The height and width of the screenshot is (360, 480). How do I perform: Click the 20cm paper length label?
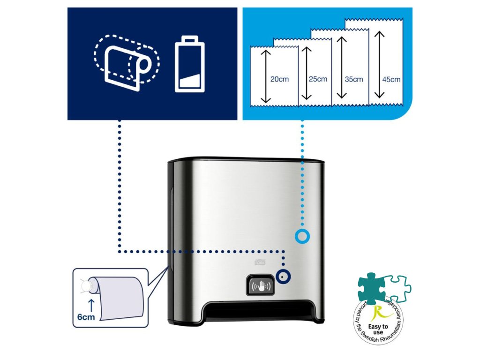coord(279,79)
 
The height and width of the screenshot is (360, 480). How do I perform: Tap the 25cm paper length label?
coord(318,79)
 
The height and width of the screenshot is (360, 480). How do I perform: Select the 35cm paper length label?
coord(354,79)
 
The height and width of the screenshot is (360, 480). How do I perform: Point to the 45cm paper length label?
coord(391,79)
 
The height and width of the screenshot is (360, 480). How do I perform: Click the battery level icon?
coord(189,66)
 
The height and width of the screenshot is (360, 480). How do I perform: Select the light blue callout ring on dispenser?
coord(302,237)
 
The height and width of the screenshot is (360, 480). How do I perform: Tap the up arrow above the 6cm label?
coord(90,305)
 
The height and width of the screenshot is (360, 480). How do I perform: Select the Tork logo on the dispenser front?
coord(260,263)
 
